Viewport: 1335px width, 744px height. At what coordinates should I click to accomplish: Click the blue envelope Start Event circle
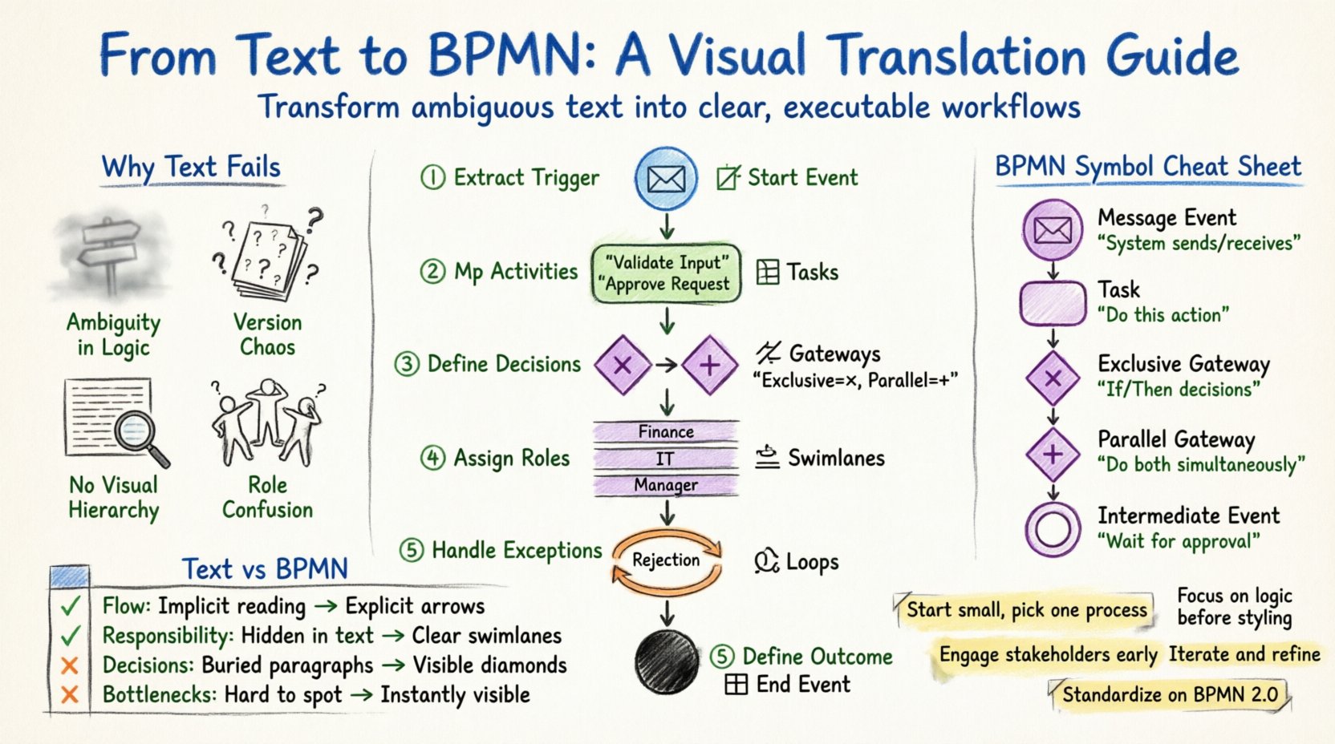coord(666,178)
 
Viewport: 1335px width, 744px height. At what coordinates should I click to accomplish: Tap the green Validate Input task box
coord(666,273)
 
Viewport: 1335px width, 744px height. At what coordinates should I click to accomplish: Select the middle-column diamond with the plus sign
coord(710,366)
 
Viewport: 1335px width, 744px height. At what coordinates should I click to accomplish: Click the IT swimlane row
coord(666,459)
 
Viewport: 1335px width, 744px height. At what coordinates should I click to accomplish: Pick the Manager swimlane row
coord(666,485)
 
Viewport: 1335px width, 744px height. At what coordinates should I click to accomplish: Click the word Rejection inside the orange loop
coord(666,560)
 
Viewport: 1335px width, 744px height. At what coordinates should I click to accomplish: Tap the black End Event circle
coord(667,661)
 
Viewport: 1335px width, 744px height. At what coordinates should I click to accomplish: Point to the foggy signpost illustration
coord(112,255)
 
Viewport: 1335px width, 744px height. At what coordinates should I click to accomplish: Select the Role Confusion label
coord(267,498)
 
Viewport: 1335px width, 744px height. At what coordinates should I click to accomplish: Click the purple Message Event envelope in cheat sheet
coord(1053,230)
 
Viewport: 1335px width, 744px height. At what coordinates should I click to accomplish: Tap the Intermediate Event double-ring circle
coord(1053,530)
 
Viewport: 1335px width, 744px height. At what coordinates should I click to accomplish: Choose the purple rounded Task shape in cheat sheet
coord(1053,303)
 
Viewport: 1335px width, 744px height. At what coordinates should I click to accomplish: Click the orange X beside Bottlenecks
coord(70,694)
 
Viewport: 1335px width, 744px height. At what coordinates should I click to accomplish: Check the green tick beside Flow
coord(70,606)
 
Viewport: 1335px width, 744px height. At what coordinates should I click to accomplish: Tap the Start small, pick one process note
coord(1026,610)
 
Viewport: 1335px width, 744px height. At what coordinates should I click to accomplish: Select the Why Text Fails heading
coord(191,168)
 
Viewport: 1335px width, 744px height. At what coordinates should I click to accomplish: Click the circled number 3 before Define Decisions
coord(407,364)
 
